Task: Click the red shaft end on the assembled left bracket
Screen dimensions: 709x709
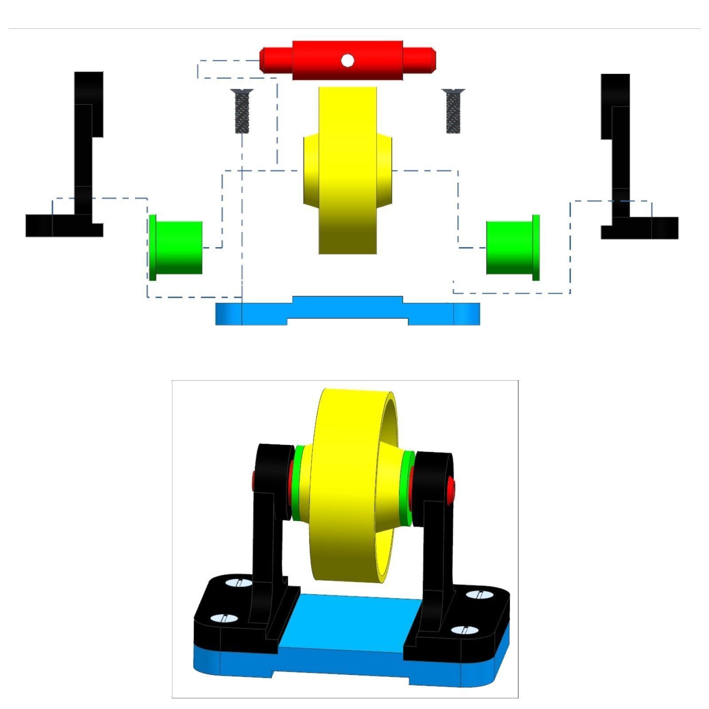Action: pyautogui.click(x=254, y=479)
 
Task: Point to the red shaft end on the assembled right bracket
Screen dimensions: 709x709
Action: pyautogui.click(x=451, y=487)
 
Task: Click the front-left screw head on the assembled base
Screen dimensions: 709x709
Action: pyautogui.click(x=219, y=619)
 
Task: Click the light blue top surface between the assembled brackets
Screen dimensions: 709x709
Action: pyautogui.click(x=346, y=625)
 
